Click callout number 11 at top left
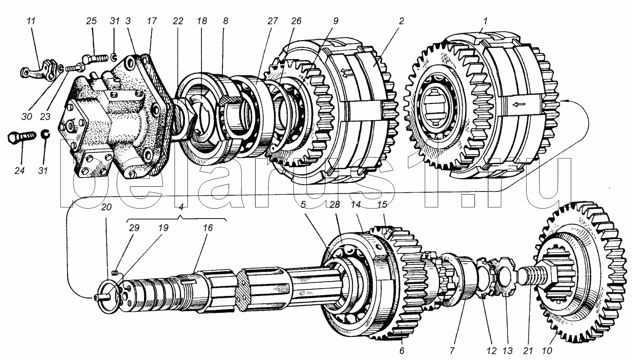[31, 21]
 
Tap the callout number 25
[91, 21]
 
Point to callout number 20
[106, 207]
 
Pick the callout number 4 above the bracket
[181, 207]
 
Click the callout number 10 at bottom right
[547, 351]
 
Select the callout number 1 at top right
[485, 21]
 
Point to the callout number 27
[272, 21]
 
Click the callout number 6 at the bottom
[402, 351]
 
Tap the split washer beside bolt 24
[45, 135]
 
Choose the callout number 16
[208, 228]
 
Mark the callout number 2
[401, 21]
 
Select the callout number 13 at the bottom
[507, 351]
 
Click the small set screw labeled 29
[115, 273]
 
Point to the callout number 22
[178, 21]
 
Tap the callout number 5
[303, 205]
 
